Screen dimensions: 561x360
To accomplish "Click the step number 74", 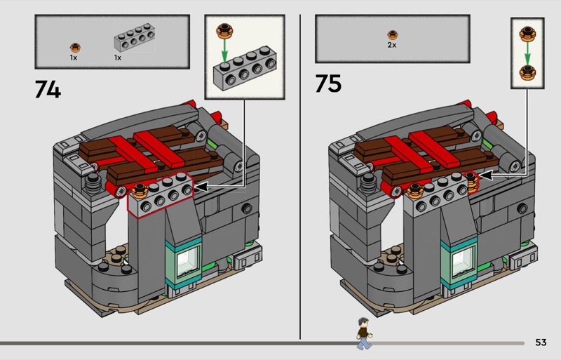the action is [48, 89].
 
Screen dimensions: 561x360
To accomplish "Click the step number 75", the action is [328, 84].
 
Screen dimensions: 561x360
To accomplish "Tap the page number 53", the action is [541, 342].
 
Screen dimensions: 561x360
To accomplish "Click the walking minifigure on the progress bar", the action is [364, 333].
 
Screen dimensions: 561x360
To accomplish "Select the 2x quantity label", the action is [392, 45].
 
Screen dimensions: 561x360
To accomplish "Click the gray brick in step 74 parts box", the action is [135, 37].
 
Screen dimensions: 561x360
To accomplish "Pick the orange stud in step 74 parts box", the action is [75, 48].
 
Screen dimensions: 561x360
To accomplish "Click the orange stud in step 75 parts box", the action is [393, 35].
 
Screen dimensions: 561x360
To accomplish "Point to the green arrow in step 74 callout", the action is [224, 51].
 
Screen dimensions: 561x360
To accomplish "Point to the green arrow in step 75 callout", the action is [527, 53].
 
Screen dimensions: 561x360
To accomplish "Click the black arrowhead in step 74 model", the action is [201, 187].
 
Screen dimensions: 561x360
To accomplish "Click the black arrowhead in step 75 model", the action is [485, 175].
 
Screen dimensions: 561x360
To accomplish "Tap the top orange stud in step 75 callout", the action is [527, 34].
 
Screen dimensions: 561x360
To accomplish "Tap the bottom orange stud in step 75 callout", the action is [527, 73].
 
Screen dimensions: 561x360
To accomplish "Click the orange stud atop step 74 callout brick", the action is [224, 31].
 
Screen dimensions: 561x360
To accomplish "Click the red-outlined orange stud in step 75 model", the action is [471, 182].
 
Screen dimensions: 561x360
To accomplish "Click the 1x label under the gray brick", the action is [118, 58].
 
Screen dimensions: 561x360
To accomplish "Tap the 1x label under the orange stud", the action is [74, 58].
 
